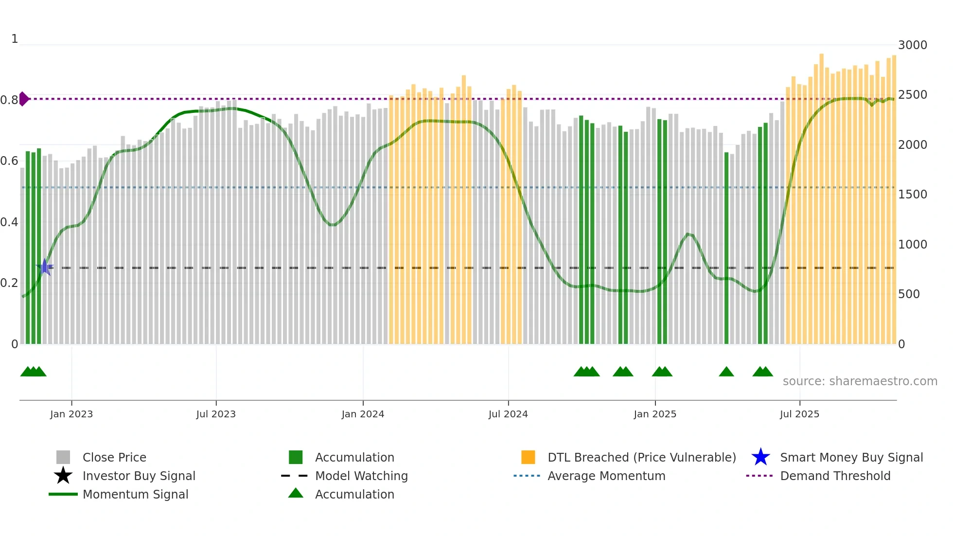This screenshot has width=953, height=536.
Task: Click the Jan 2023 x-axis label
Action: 71,414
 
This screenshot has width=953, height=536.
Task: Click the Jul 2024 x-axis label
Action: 508,414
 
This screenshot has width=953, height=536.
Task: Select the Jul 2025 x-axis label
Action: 799,414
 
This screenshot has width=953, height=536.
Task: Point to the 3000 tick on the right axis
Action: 913,45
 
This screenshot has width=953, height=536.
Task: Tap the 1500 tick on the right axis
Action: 913,195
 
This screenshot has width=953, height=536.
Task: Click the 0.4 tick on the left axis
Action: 9,222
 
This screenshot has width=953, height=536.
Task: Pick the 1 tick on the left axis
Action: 15,39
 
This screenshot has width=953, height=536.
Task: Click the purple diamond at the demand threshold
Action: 24,99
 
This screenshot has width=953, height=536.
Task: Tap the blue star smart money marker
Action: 45,267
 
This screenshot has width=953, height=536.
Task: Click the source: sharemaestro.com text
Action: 860,381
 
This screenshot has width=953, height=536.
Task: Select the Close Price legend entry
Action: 114,457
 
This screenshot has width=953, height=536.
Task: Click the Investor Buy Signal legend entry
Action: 139,476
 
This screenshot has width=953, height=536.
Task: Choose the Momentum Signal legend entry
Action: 135,494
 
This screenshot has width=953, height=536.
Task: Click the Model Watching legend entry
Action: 361,476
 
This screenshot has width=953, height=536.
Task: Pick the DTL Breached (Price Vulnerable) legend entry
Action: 641,457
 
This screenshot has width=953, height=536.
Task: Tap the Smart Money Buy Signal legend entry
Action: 851,457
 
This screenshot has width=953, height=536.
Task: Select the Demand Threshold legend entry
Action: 835,476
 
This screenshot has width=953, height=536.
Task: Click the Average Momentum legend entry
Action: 606,476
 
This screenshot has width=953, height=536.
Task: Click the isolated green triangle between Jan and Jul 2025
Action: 726,372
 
